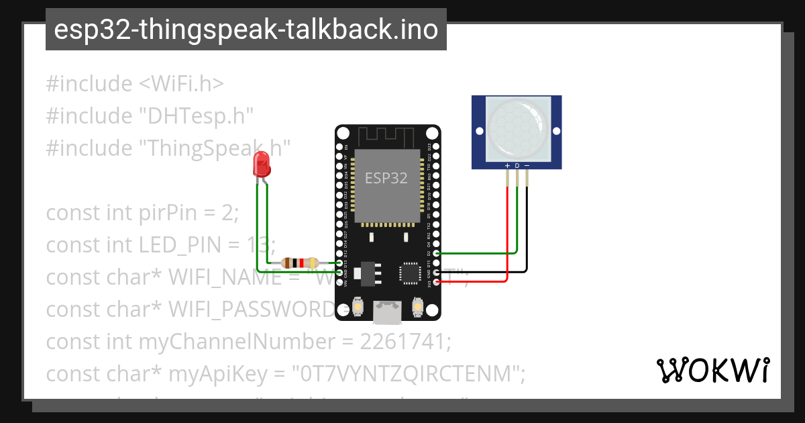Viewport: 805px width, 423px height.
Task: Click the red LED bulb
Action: [261, 164]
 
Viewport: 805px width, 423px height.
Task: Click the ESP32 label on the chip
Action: [386, 178]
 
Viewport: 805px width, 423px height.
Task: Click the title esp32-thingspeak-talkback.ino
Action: [246, 30]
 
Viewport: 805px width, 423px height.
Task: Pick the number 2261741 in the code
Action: [405, 342]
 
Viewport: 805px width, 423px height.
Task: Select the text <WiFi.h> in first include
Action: [181, 84]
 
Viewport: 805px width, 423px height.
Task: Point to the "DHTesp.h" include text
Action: [196, 116]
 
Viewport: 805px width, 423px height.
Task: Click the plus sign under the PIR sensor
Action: [507, 165]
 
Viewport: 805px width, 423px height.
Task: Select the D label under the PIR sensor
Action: [517, 165]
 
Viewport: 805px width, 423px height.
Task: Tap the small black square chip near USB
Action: [410, 273]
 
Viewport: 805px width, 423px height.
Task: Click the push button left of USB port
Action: [358, 307]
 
